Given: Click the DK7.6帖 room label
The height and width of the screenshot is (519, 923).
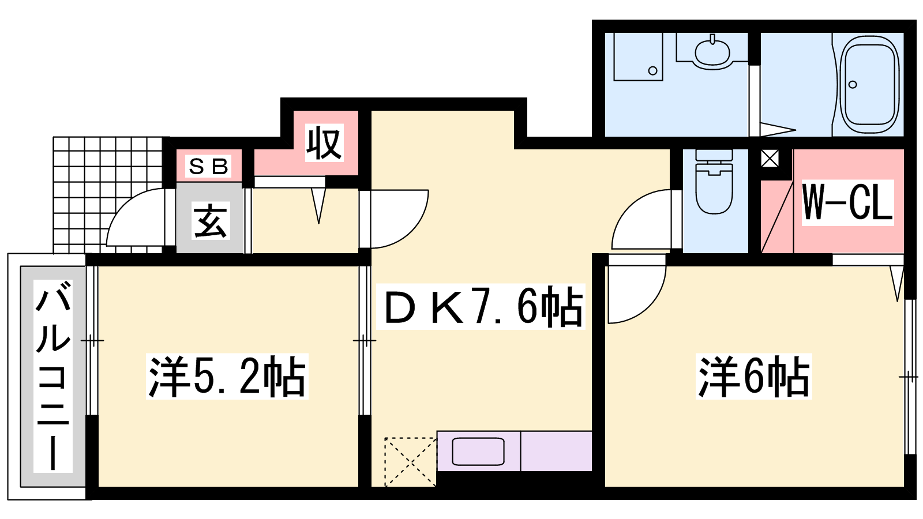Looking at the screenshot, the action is (x=481, y=307).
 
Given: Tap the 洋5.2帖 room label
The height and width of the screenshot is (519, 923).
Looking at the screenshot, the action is (x=227, y=376).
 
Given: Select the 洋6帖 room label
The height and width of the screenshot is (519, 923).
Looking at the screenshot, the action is (x=753, y=376).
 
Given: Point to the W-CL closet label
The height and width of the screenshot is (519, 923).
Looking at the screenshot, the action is (x=847, y=202).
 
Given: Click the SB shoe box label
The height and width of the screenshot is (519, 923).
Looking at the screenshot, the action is (x=208, y=167).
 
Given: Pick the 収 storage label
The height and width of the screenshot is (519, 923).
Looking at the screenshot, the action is (x=324, y=143).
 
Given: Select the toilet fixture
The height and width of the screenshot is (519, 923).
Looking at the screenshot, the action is (x=714, y=182).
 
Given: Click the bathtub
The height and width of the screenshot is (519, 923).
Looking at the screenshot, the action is (x=869, y=84).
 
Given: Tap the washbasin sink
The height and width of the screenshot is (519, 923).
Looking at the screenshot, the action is (x=712, y=52).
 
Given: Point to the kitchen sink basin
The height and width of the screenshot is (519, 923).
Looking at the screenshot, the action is (x=478, y=452).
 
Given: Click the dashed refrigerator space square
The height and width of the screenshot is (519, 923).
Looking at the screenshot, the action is (x=410, y=462).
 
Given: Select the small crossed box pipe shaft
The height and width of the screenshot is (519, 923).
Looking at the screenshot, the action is (x=770, y=158).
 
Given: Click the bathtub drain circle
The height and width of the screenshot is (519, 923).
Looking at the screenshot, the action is (x=853, y=84).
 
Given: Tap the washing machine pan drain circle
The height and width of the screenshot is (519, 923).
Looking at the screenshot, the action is (x=652, y=70).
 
